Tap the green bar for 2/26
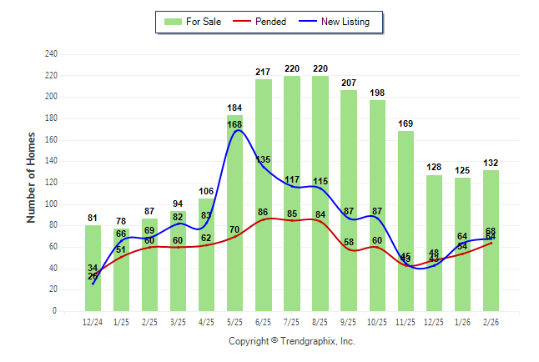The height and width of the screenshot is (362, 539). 491,209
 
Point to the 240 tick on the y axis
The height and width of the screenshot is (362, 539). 51,54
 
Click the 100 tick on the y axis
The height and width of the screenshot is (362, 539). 51,204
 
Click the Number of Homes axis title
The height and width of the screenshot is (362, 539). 31,177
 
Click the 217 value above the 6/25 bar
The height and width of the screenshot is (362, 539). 264,73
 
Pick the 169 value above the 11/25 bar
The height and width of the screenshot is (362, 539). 406,124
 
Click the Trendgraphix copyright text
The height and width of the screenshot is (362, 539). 291,341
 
